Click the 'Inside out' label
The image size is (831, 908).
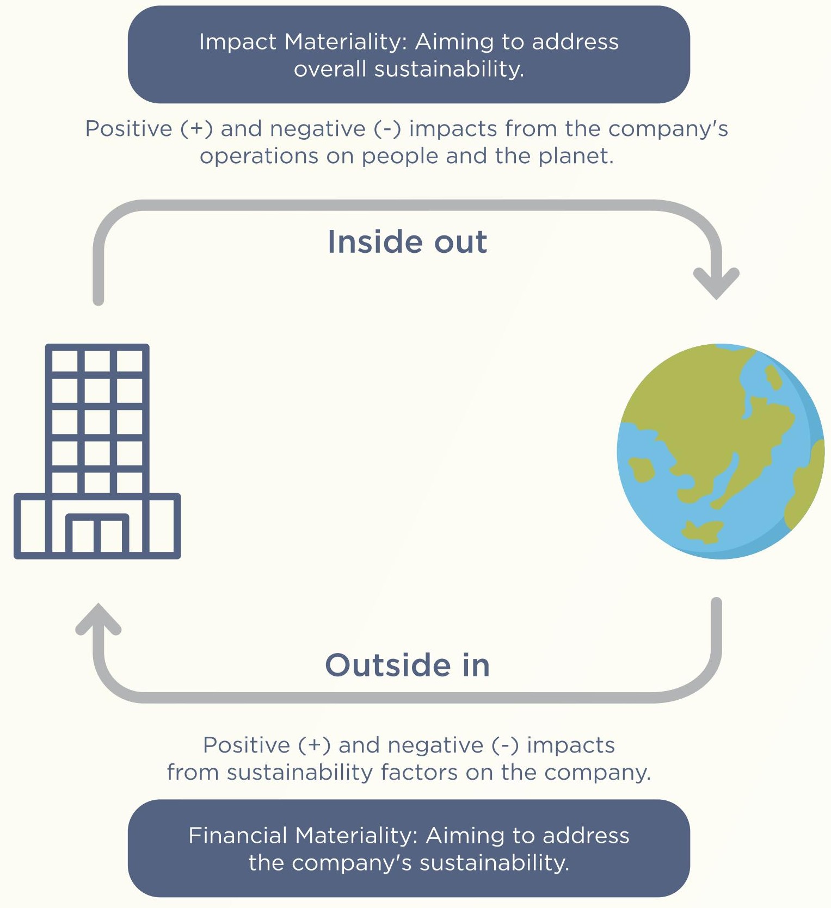click(407, 242)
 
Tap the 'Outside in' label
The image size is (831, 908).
click(408, 665)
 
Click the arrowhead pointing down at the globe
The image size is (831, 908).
click(716, 283)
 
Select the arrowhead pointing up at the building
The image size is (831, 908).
click(99, 619)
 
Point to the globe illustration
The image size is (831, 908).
click(721, 451)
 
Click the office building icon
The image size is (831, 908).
click(97, 451)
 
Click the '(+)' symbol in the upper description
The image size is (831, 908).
click(196, 129)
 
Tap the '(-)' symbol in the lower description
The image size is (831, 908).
click(505, 745)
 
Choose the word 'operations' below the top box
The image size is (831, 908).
click(259, 157)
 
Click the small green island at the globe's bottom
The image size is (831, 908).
click(702, 531)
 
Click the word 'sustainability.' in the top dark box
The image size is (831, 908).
click(449, 69)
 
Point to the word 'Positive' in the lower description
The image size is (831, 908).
click(247, 745)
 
